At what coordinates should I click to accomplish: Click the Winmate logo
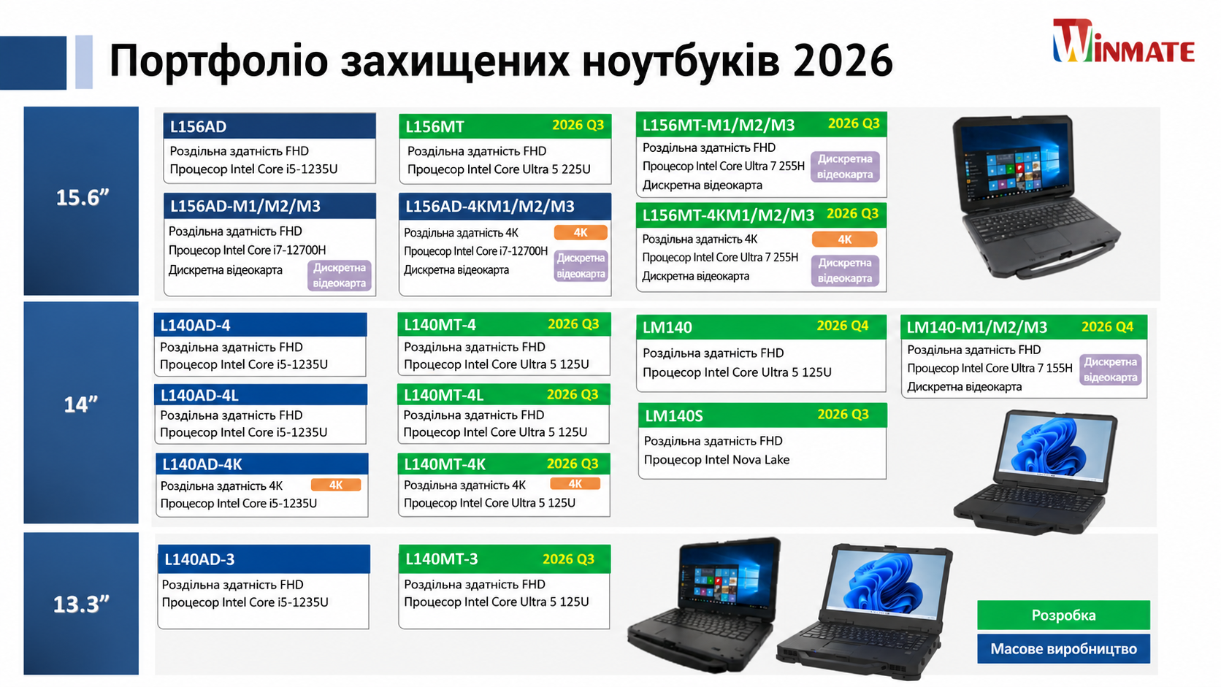[x=1123, y=42]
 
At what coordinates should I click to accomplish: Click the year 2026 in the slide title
[x=843, y=60]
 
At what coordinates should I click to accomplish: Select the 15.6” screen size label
[x=83, y=197]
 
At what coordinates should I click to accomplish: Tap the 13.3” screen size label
[x=80, y=605]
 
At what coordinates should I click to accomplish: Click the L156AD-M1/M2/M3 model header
[x=269, y=206]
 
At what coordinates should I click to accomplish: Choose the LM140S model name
[x=674, y=416]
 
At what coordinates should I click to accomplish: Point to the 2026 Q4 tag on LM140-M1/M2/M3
[x=1107, y=326]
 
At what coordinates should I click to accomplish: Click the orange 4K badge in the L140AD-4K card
[x=336, y=485]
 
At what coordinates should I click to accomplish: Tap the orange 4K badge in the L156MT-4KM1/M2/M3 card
[x=844, y=239]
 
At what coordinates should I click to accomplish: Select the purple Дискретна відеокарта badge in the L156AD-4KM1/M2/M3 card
[x=581, y=266]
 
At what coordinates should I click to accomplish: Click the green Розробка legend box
[x=1063, y=615]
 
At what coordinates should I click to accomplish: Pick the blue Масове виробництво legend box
[x=1063, y=649]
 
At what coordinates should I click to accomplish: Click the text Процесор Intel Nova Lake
[x=716, y=460]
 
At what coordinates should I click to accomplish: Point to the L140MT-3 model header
[x=504, y=559]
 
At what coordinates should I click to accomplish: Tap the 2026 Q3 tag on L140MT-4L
[x=573, y=394]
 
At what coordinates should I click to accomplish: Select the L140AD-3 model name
[x=199, y=559]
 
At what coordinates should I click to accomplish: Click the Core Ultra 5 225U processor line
[x=499, y=169]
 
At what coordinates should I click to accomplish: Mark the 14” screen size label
[x=80, y=404]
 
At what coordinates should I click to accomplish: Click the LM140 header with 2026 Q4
[x=761, y=327]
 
